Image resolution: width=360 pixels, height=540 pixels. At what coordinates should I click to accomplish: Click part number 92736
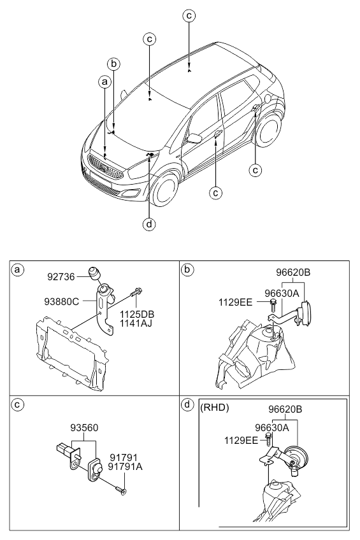[61, 277]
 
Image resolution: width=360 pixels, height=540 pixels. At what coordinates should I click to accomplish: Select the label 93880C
[62, 302]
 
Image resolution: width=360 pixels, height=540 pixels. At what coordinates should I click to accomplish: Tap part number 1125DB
[137, 315]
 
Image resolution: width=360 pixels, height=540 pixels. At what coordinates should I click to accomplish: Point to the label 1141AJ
[136, 323]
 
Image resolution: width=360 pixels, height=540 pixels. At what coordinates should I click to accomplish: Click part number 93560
[84, 428]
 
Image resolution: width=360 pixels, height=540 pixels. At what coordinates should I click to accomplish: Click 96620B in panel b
[293, 273]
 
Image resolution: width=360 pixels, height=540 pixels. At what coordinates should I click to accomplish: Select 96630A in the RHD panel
[272, 428]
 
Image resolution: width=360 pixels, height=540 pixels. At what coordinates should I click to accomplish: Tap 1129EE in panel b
[235, 302]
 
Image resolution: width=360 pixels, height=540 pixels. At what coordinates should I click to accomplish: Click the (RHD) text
[215, 408]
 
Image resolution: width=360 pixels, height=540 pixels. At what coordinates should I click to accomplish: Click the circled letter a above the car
[104, 82]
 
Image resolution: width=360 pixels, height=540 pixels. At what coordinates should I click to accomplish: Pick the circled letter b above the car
[113, 64]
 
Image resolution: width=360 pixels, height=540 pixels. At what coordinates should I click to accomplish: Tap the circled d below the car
[149, 225]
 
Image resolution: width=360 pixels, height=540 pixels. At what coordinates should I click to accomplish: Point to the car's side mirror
[194, 138]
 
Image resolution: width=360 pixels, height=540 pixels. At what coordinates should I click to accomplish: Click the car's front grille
[105, 167]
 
